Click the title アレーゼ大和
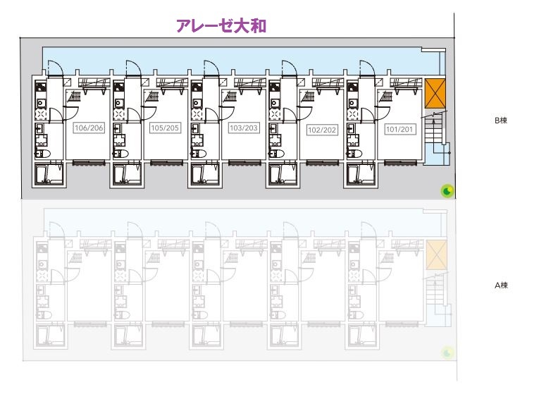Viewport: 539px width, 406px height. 221,26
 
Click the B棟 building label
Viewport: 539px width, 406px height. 501,121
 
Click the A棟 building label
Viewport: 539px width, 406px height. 501,285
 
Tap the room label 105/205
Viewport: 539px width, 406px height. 166,128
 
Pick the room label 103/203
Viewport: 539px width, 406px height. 244,128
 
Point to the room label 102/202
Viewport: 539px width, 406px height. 322,130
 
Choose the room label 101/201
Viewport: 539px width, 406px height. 399,129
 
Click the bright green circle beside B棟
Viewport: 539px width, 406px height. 447,190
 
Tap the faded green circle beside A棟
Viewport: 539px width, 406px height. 447,352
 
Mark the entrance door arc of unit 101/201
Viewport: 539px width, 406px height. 367,68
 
